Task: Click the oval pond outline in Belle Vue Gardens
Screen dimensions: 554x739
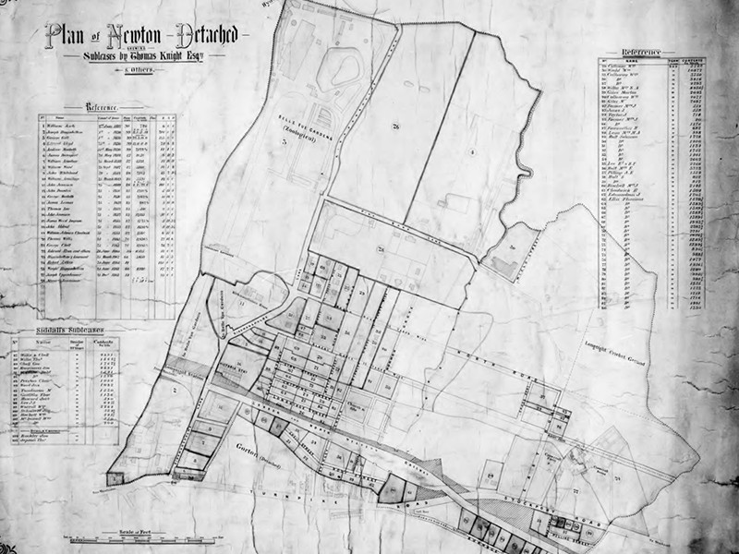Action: point(337,70)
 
